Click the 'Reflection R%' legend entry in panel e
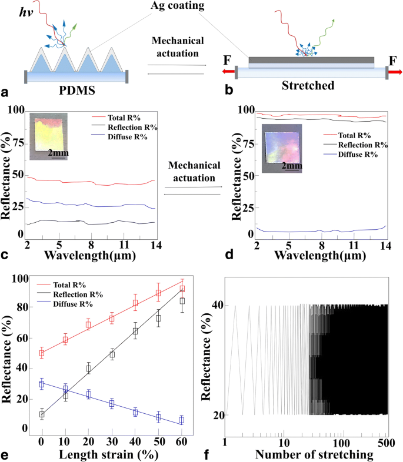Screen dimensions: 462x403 pos(75,294)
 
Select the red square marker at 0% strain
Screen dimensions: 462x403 pos(42,353)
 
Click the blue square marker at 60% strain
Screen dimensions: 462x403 pos(182,420)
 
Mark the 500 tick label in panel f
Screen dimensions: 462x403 pos(385,441)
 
